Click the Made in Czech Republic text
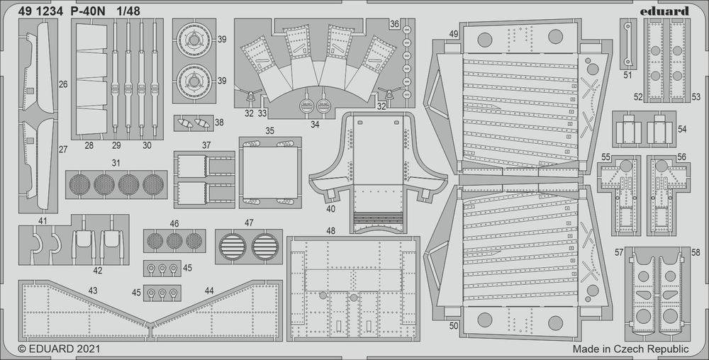[x=630, y=349]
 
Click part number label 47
[x=249, y=223]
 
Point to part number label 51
[x=628, y=74]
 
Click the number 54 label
[x=682, y=129]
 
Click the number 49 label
[x=453, y=35]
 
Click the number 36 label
[x=393, y=25]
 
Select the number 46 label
[x=174, y=224]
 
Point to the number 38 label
[x=219, y=122]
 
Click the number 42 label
[x=97, y=270]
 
